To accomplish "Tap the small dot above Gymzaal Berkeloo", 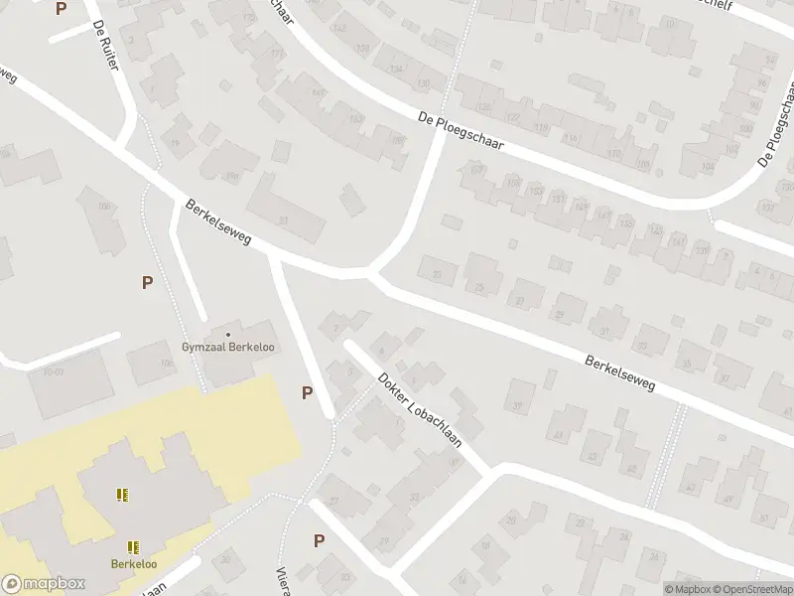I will coord(228,334).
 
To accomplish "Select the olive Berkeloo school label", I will coord(133,564).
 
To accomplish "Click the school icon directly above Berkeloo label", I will coord(133,546).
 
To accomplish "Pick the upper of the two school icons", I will coord(123,495).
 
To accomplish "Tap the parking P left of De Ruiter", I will coord(62,9).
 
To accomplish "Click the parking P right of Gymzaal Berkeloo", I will coord(308,393).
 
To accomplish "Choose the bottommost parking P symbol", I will coord(320,541).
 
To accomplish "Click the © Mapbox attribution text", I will coord(688,589).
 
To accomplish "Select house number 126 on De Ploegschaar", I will coord(485,107).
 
